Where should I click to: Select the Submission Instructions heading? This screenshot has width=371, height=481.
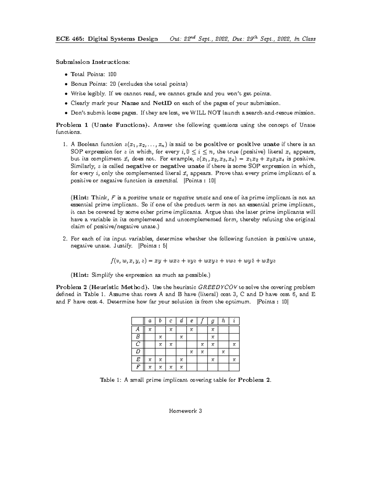pyautogui.click(x=93, y=62)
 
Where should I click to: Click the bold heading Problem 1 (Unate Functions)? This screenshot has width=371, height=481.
pyautogui.click(x=103, y=125)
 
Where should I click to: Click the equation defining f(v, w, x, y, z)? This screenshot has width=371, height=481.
pyautogui.click(x=193, y=260)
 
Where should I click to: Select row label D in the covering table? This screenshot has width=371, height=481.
pyautogui.click(x=138, y=352)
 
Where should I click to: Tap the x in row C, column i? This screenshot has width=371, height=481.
pyautogui.click(x=234, y=344)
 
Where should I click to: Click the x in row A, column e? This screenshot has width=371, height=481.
pyautogui.click(x=192, y=329)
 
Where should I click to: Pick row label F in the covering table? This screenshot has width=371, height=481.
pyautogui.click(x=138, y=367)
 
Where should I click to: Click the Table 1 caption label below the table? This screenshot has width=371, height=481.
pyautogui.click(x=110, y=380)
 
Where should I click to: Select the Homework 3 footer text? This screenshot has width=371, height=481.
pyautogui.click(x=185, y=411)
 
